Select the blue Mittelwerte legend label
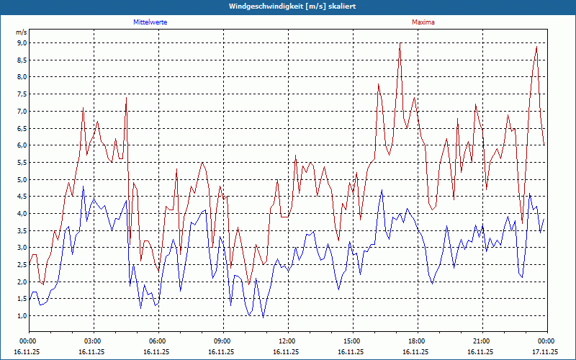[x=150, y=22]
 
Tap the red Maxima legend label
[x=423, y=22]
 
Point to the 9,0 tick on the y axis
[x=22, y=43]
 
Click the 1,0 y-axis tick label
[x=22, y=316]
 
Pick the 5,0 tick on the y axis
[x=22, y=180]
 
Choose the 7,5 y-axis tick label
[x=22, y=94]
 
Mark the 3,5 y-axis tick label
[x=22, y=231]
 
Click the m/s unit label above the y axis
[x=22, y=32]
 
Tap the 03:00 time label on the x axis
[x=93, y=341]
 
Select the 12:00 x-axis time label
[x=287, y=341]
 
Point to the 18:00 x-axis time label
[x=417, y=341]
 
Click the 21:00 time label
[x=482, y=341]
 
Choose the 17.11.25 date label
[x=545, y=352]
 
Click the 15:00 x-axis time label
[x=352, y=341]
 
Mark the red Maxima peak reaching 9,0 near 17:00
[x=400, y=44]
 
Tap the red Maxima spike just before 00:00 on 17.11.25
[x=536, y=48]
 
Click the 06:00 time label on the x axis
[x=158, y=341]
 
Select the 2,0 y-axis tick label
[x=22, y=282]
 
